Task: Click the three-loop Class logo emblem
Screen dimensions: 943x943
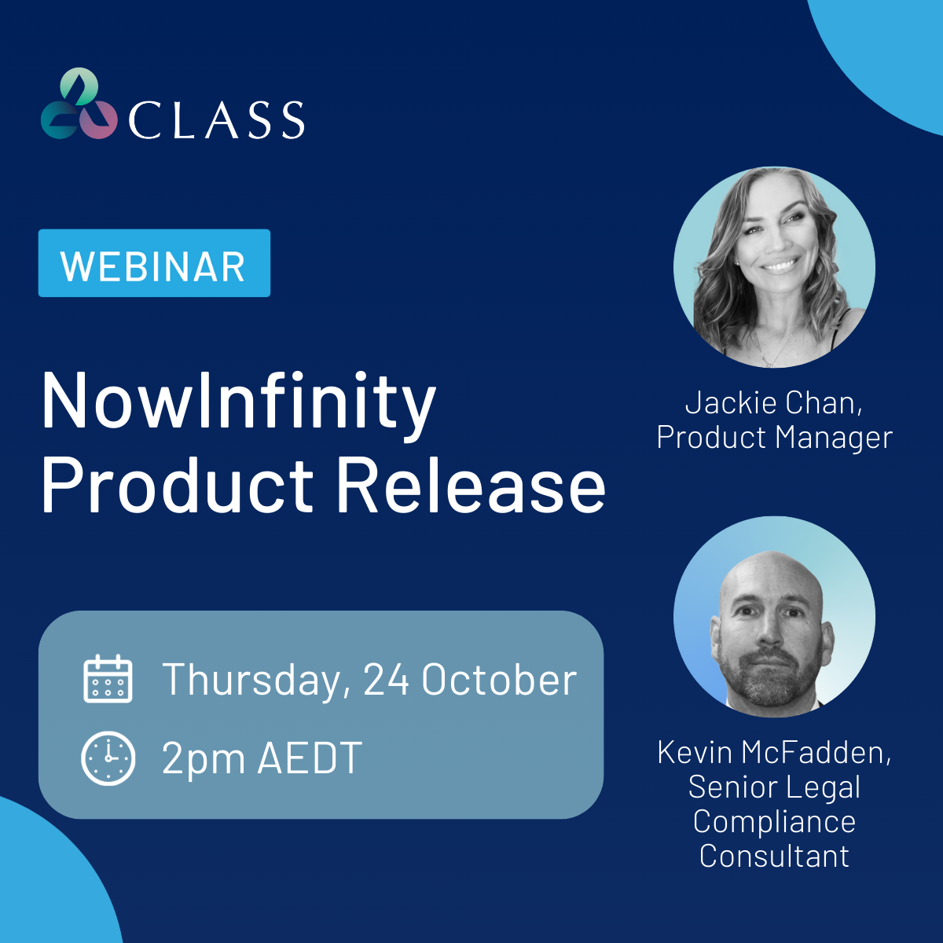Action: coord(79,104)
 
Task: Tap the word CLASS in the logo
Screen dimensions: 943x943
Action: coord(217,120)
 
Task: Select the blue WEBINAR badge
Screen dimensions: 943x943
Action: coord(154,262)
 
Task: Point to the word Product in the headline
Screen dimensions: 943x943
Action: coord(177,485)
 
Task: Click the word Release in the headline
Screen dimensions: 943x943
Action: coord(472,485)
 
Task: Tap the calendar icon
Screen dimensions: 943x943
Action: coord(108,679)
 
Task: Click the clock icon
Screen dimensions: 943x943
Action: coord(108,758)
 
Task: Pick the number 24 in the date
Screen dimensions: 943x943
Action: coord(386,679)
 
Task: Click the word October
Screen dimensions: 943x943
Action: coord(499,679)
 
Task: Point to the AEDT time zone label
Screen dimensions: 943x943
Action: coord(310,758)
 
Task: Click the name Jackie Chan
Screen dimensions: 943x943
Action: coord(773,402)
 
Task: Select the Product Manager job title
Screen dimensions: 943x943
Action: coord(775,437)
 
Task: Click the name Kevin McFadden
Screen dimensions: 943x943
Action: coord(774,752)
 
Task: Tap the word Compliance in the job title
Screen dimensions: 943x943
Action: coord(774,822)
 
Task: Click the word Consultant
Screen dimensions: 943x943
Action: coord(774,856)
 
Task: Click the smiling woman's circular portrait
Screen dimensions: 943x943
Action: coord(774,268)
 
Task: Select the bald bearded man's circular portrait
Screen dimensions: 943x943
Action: coord(774,617)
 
